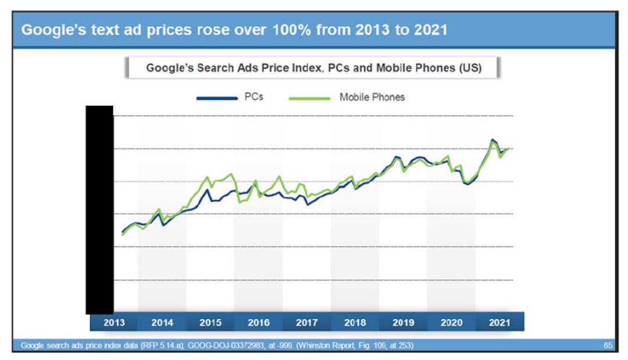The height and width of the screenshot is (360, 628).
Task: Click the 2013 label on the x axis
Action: [114, 322]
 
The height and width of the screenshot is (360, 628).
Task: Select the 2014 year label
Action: [162, 322]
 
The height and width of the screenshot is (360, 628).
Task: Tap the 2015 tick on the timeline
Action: [210, 322]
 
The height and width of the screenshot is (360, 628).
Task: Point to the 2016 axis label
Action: [259, 322]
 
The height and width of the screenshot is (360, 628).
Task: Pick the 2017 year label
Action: [307, 322]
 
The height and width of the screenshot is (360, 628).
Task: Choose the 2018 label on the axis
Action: [355, 322]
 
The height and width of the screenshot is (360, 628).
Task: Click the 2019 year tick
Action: [404, 322]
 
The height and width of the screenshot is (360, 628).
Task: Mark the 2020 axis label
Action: [452, 322]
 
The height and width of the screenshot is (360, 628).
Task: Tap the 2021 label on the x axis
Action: [500, 322]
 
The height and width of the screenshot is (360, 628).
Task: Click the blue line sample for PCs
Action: [216, 98]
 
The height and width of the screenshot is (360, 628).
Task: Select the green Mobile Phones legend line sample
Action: [309, 98]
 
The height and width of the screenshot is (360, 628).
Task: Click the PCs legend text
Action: [254, 97]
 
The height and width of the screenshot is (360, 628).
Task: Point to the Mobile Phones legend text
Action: [372, 97]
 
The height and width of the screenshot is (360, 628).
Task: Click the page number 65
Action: [608, 346]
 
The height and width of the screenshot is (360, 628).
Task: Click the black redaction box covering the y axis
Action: [99, 209]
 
